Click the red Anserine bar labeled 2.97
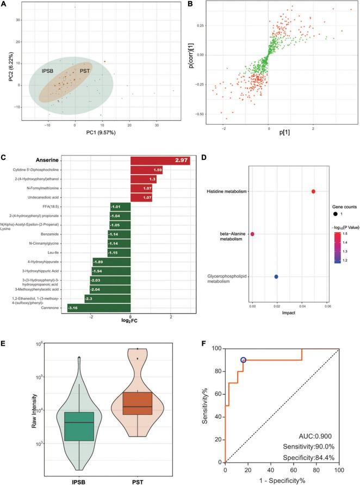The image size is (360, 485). (160, 160)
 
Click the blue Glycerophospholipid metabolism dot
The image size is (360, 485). (276, 277)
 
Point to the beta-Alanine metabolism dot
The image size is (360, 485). (252, 234)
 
